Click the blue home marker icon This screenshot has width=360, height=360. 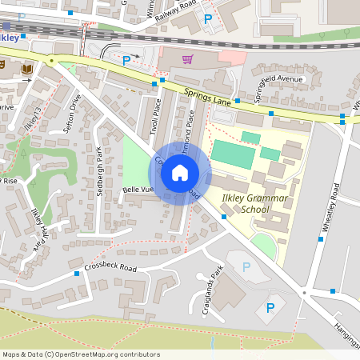(180, 173)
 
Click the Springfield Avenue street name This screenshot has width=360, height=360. (278, 87)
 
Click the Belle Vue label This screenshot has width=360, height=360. (138, 190)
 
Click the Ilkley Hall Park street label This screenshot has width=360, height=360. (37, 227)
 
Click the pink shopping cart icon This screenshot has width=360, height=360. (187, 58)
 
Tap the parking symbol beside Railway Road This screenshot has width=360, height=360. (208, 18)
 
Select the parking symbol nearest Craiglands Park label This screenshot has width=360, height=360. (246, 266)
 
